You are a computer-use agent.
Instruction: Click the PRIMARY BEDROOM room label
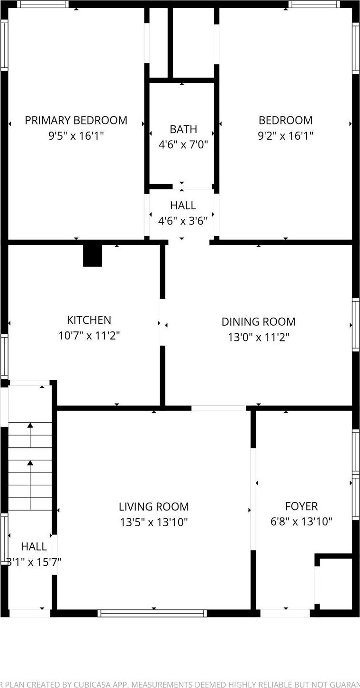76,120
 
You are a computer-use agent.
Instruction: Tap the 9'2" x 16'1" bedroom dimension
285,136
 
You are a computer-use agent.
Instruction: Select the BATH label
183,129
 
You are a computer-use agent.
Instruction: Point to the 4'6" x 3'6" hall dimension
183,221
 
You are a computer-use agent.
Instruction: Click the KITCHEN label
89,320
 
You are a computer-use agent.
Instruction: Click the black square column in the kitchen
92,256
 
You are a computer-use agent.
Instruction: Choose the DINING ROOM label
258,322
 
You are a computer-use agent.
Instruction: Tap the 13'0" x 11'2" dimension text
258,337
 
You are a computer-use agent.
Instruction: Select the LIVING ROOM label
153,507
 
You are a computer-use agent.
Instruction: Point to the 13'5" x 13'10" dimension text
153,522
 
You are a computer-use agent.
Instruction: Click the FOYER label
301,506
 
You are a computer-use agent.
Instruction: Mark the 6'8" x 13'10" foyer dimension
301,521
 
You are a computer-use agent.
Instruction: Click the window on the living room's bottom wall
152,613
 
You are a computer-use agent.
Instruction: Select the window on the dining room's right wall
355,325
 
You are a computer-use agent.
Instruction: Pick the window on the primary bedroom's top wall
43,4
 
